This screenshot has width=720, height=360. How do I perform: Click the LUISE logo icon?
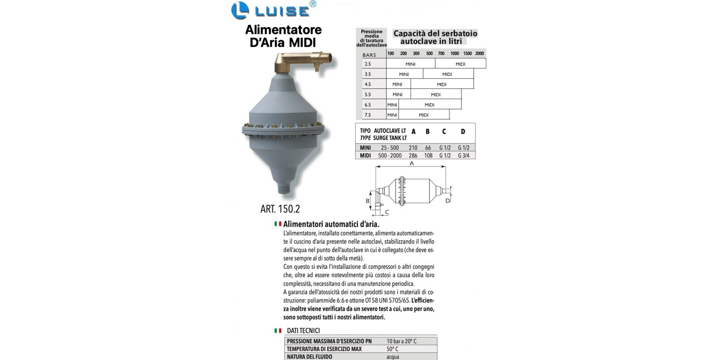pyautogui.click(x=240, y=11)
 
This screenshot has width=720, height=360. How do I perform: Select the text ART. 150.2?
pyautogui.click(x=280, y=209)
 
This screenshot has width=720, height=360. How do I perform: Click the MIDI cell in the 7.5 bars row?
pyautogui.click(x=424, y=115)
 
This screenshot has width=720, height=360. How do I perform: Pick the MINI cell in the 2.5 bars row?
pyautogui.click(x=410, y=64)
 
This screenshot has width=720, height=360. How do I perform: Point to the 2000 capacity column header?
pyautogui.click(x=480, y=53)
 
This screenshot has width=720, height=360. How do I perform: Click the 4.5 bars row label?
pyautogui.click(x=368, y=84)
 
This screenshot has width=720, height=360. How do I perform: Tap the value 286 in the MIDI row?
pyautogui.click(x=413, y=156)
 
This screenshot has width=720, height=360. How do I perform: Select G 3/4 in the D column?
pyautogui.click(x=464, y=156)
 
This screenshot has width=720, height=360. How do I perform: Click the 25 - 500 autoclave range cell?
pyautogui.click(x=390, y=148)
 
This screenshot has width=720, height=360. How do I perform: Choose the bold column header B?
pyautogui.click(x=428, y=132)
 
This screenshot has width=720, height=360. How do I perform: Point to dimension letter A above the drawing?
pyautogui.click(x=412, y=164)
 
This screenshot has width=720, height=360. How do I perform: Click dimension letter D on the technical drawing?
pyautogui.click(x=448, y=200)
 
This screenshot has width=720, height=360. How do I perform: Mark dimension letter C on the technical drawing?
pyautogui.click(x=387, y=212)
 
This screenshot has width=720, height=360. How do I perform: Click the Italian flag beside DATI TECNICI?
pyautogui.click(x=278, y=331)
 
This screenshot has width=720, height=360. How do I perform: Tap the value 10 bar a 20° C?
pyautogui.click(x=402, y=341)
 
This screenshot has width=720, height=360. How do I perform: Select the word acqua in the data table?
pyautogui.click(x=393, y=357)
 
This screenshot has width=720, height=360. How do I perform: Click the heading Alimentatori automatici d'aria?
pyautogui.click(x=331, y=224)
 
